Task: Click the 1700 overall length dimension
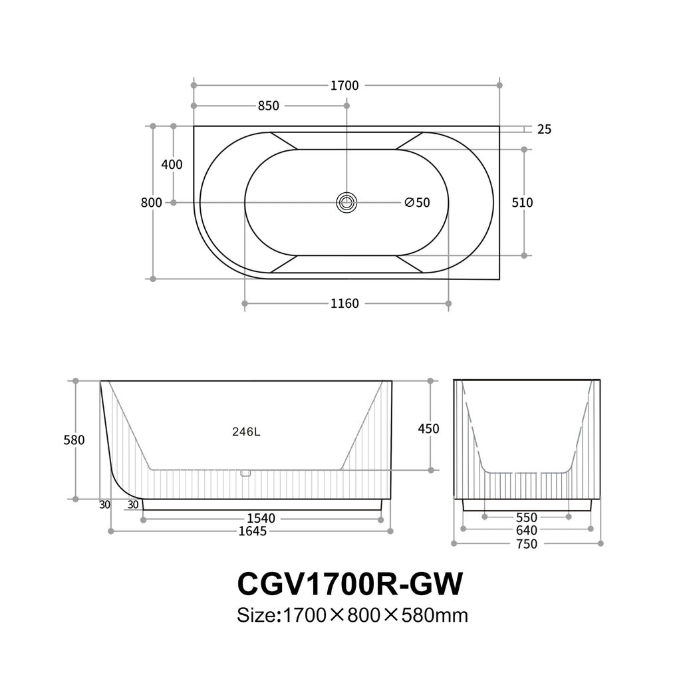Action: [x=344, y=86]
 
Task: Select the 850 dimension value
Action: [x=269, y=106]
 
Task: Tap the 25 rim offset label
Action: [x=544, y=130]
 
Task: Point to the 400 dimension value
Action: [x=172, y=165]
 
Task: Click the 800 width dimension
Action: [x=151, y=203]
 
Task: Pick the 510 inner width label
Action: [x=522, y=203]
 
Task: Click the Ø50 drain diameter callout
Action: [x=418, y=203]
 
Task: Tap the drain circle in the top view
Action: [x=346, y=202]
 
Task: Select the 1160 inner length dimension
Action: [x=344, y=303]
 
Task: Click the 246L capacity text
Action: [x=246, y=432]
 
